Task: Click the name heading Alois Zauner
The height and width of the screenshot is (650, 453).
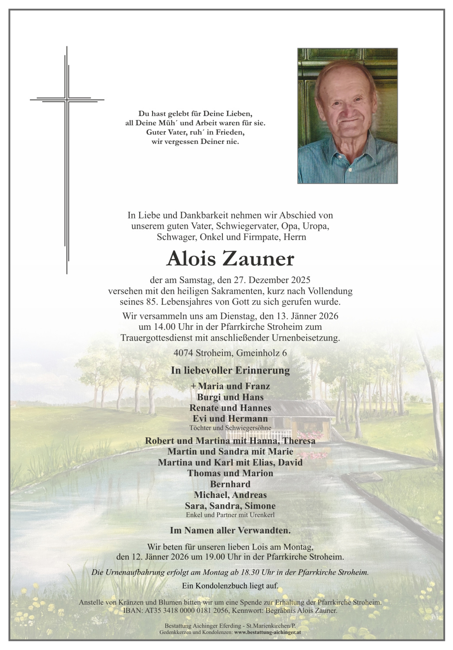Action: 230,259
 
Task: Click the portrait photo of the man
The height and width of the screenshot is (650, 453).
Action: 347,116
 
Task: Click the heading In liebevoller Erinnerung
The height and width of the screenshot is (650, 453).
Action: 230,370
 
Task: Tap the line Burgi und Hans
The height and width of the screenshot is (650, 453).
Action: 230,397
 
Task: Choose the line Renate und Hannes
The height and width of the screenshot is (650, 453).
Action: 230,408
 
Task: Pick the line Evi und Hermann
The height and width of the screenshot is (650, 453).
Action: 230,419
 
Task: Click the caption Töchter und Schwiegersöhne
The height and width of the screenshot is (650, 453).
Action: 230,428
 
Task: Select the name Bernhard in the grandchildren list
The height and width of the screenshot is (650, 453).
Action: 230,484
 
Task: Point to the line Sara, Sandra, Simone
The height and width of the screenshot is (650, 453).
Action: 230,506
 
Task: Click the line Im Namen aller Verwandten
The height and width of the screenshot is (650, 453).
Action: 230,530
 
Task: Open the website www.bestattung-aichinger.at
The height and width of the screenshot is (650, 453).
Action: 267,632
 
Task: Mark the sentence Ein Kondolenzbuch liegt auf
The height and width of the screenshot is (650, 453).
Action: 230,586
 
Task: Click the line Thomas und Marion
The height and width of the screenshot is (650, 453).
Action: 230,473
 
